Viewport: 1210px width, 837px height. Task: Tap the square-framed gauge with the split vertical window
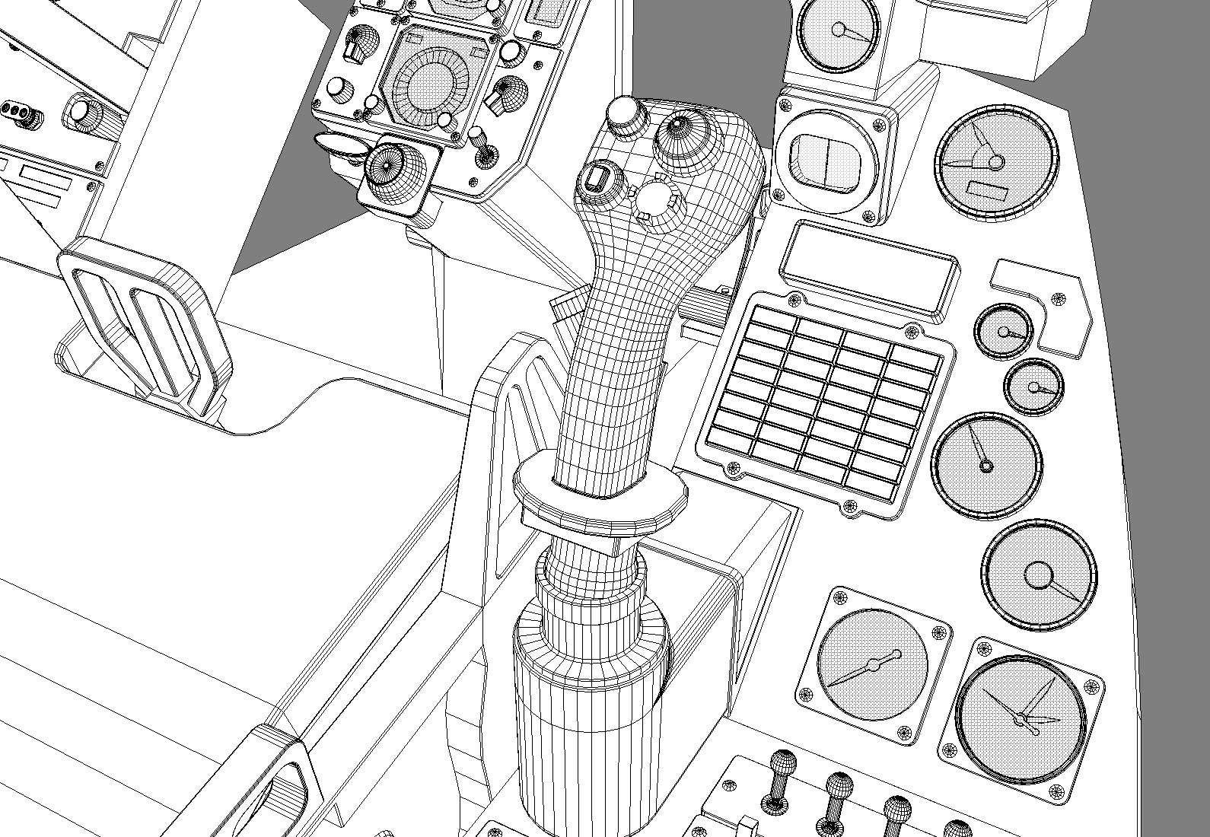coord(827,158)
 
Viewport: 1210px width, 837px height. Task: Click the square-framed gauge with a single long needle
coord(873,666)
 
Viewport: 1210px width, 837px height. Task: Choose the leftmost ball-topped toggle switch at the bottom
coord(781,772)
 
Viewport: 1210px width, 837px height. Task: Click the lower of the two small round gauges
coord(1033,387)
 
